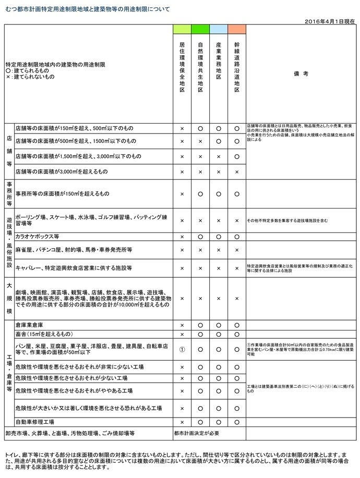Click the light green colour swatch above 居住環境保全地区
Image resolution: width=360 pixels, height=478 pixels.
click(x=182, y=29)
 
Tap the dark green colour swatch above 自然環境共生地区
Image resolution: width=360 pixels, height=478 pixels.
click(x=200, y=29)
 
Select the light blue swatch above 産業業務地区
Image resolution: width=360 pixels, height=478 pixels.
click(x=219, y=29)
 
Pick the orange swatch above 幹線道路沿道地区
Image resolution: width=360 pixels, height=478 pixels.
click(x=236, y=29)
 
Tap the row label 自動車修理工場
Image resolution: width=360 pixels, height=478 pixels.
click(x=35, y=422)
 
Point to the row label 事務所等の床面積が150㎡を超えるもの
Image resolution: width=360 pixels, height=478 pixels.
click(x=63, y=194)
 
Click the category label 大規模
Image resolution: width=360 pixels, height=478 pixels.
click(x=9, y=298)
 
